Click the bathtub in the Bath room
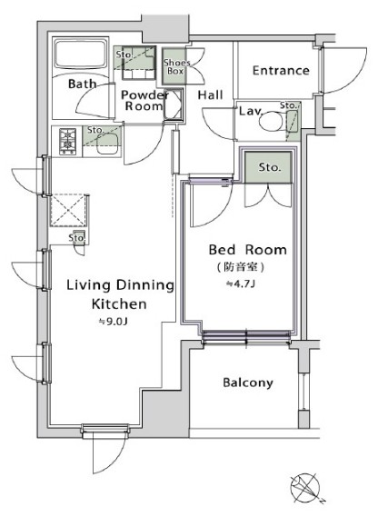(x=81, y=54)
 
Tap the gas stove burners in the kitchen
(x=67, y=142)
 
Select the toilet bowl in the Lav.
(x=271, y=123)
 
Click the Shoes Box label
(x=176, y=66)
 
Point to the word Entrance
(x=281, y=70)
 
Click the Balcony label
(x=248, y=383)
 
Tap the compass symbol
(x=304, y=488)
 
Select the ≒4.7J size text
(x=240, y=283)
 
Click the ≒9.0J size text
(x=114, y=321)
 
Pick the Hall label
(x=210, y=95)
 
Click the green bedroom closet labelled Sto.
(x=268, y=167)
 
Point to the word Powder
(x=144, y=95)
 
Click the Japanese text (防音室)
(x=241, y=267)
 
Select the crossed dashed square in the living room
(x=69, y=210)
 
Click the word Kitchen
(x=119, y=303)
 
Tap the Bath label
(x=83, y=84)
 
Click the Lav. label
(x=251, y=111)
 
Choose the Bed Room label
(x=247, y=250)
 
